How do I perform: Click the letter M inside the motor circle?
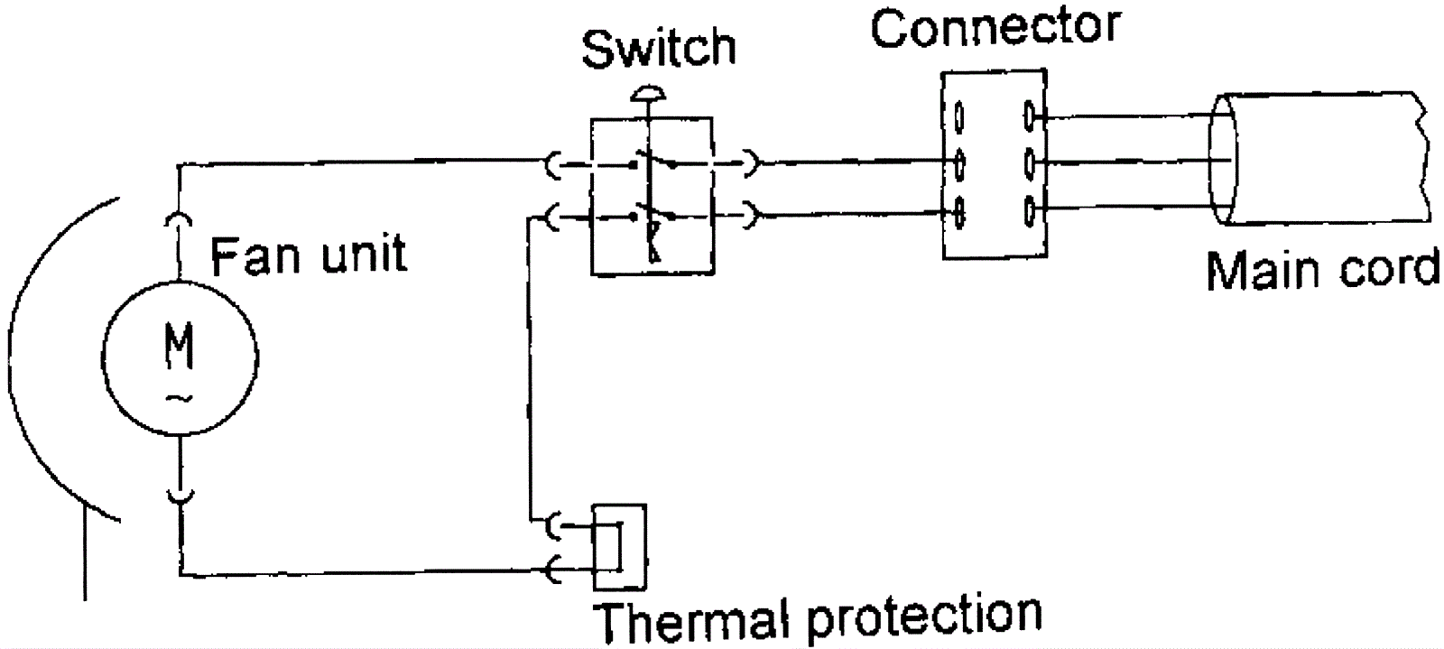[180, 348]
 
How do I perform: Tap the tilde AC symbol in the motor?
[180, 397]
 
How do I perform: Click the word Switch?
[658, 49]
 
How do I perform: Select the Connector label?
[995, 28]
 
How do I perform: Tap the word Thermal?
[689, 621]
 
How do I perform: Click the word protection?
[922, 617]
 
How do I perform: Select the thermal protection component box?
[619, 546]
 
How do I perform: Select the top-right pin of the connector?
[1030, 116]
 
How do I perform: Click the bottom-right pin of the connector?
[1030, 212]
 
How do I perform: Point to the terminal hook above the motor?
[180, 219]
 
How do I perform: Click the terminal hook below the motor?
[180, 495]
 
